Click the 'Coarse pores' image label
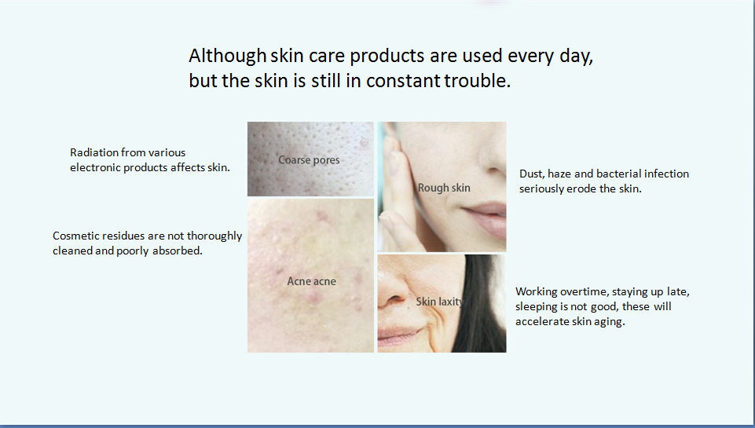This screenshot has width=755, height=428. [309, 160]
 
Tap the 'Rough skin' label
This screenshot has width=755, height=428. [444, 188]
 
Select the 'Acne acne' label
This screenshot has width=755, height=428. [312, 281]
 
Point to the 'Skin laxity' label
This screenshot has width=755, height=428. [440, 302]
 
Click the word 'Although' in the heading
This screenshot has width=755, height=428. [227, 57]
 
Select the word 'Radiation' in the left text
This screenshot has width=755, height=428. [94, 152]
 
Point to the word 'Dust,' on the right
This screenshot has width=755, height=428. [532, 174]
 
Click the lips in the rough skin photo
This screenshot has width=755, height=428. [484, 219]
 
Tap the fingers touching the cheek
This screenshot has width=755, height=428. [395, 192]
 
